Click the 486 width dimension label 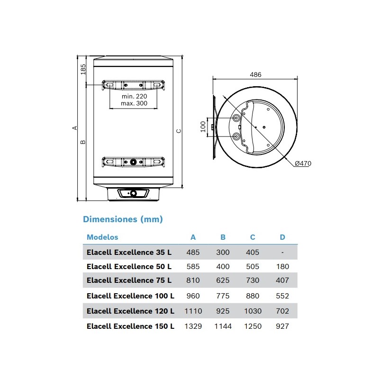pyautogui.click(x=255, y=75)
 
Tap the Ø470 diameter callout pyautogui.click(x=303, y=163)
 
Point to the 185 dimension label pyautogui.click(x=83, y=69)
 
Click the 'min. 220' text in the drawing pyautogui.click(x=135, y=97)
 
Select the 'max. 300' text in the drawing pyautogui.click(x=134, y=103)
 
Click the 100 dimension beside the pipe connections pyautogui.click(x=203, y=126)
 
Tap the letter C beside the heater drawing pyautogui.click(x=179, y=131)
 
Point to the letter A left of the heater pyautogui.click(x=75, y=128)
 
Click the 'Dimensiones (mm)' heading pyautogui.click(x=123, y=219)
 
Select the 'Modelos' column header pyautogui.click(x=102, y=237)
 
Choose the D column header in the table pyautogui.click(x=282, y=237)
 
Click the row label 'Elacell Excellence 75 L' pyautogui.click(x=129, y=280)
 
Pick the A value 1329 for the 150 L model pyautogui.click(x=193, y=326)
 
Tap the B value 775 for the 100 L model pyautogui.click(x=223, y=296)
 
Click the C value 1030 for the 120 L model pyautogui.click(x=253, y=311)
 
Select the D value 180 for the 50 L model pyautogui.click(x=282, y=267)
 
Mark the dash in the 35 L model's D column pyautogui.click(x=282, y=253)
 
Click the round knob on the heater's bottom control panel pyautogui.click(x=133, y=193)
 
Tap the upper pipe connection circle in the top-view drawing pyautogui.click(x=236, y=118)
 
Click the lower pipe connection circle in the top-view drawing pyautogui.click(x=236, y=137)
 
